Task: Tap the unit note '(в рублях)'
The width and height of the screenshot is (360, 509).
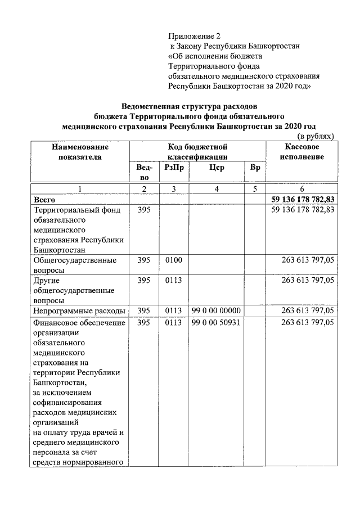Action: [x=316, y=136]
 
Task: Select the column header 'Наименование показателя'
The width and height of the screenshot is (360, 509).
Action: [x=80, y=151]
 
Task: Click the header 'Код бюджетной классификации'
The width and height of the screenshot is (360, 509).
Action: [x=197, y=151]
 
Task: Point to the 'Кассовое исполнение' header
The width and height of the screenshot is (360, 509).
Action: [x=302, y=151]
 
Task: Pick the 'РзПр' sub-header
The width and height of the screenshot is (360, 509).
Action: [x=174, y=168]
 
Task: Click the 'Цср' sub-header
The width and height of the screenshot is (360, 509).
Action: [x=217, y=168]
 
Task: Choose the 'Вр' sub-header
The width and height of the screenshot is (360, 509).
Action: [x=254, y=168]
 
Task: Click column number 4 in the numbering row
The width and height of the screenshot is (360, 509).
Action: [x=217, y=189]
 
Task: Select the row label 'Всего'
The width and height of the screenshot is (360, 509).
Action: [x=44, y=199]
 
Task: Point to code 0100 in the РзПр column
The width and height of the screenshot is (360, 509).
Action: [x=174, y=260]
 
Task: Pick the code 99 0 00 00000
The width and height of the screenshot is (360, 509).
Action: [x=217, y=310]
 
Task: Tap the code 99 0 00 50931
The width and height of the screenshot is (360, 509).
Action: [x=217, y=323]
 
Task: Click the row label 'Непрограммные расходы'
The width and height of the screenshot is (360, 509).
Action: [x=79, y=310]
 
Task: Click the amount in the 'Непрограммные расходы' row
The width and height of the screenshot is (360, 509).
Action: [x=308, y=310]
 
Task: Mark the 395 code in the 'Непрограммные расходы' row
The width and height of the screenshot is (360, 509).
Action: [x=145, y=310]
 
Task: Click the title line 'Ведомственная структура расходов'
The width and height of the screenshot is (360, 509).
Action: [x=190, y=106]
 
